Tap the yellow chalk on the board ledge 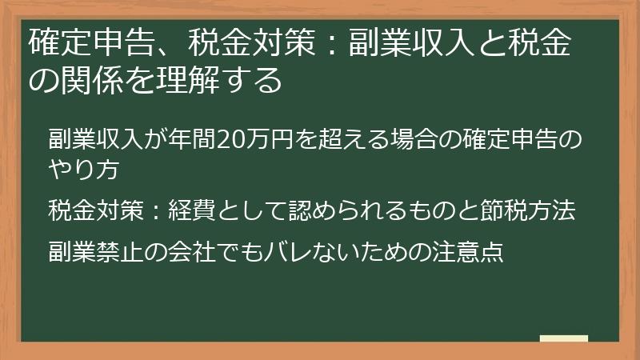pos(563,338)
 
